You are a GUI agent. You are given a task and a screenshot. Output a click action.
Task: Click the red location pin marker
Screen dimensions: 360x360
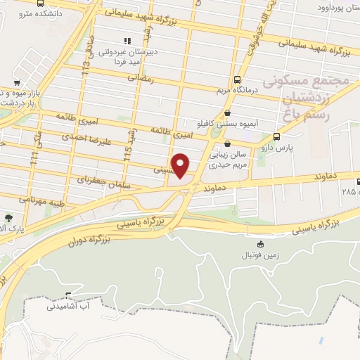pos(181,165)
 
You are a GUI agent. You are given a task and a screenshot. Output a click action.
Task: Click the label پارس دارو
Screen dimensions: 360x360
pos(294,148)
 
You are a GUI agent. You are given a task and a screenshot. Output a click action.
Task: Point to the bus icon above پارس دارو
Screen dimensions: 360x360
pos(276,136)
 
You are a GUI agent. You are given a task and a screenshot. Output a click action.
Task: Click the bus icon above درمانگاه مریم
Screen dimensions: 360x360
pos(237,79)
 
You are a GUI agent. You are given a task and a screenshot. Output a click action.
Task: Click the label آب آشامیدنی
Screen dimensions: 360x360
pos(69,307)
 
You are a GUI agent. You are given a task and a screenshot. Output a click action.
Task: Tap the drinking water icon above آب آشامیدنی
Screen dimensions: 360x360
pos(68,295)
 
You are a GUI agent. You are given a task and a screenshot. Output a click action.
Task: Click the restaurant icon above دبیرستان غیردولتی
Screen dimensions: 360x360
pos(127,40)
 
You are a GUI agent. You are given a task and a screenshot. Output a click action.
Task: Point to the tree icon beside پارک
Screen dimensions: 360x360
pos(8,219)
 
